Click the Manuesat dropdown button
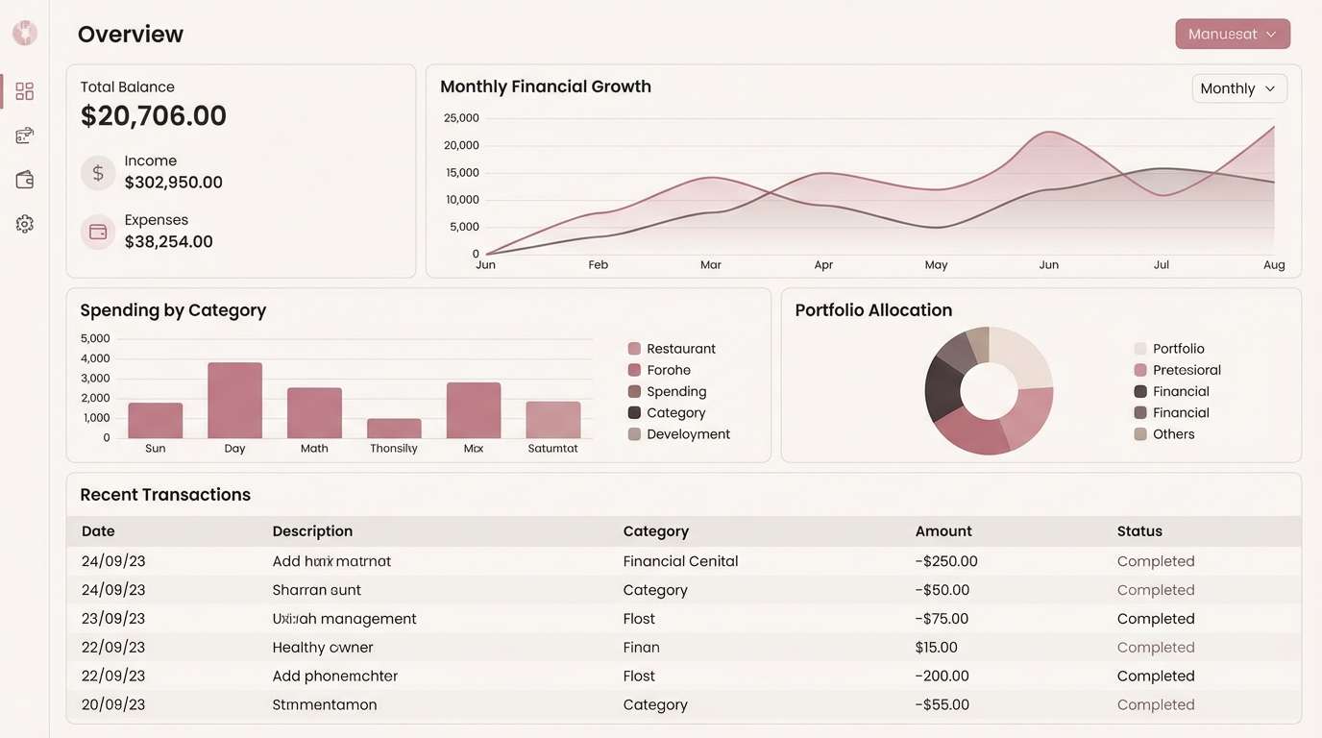(x=1232, y=34)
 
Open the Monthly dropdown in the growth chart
(x=1238, y=88)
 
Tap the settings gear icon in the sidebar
(x=25, y=224)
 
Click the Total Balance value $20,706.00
(x=154, y=116)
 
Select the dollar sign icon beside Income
(x=98, y=173)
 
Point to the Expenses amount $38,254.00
(x=169, y=242)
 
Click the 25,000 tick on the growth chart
(x=461, y=118)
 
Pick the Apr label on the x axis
(x=823, y=265)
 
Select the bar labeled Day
(x=234, y=400)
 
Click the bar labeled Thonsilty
(x=394, y=428)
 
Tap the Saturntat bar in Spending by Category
(x=552, y=420)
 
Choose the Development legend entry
(x=688, y=434)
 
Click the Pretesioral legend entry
(x=1186, y=370)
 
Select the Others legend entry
(x=1173, y=434)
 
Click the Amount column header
(x=943, y=531)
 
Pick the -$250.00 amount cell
(x=946, y=561)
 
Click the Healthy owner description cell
(x=323, y=648)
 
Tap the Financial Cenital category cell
(x=680, y=561)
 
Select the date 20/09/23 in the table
(x=113, y=704)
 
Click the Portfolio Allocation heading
(x=873, y=310)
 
